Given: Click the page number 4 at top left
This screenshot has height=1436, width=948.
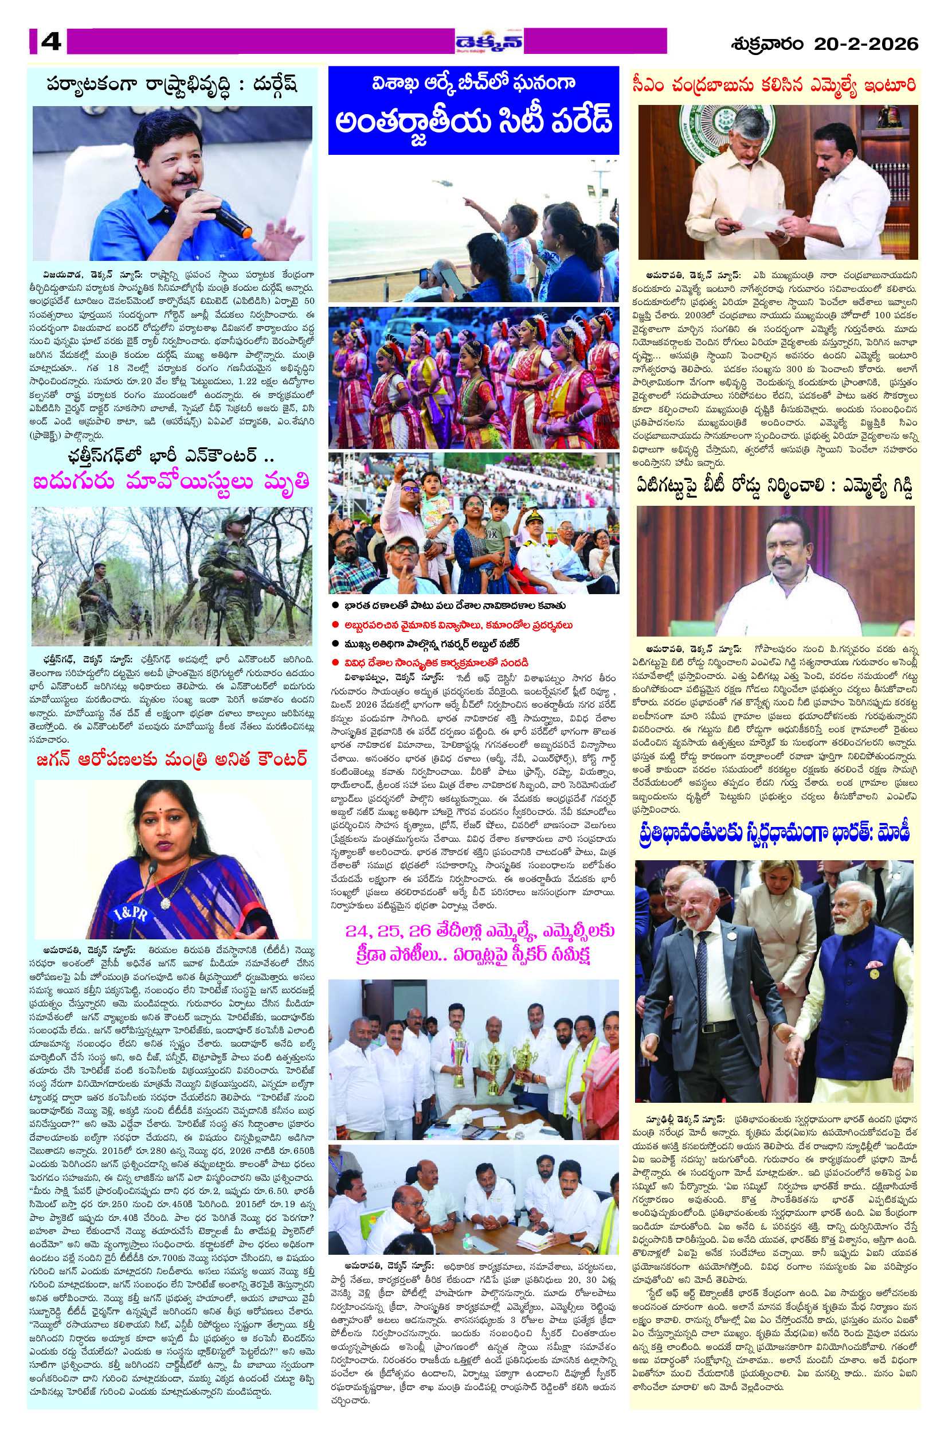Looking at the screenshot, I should click(51, 42).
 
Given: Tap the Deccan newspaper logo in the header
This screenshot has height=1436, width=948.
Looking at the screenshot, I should click(489, 42).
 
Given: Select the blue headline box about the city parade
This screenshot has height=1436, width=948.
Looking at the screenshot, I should click(473, 110).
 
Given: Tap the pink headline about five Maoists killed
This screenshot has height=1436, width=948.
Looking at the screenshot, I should click(172, 483).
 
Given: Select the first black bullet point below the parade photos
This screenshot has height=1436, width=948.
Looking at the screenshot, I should click(334, 606).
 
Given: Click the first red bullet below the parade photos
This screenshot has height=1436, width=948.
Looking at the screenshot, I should click(334, 625).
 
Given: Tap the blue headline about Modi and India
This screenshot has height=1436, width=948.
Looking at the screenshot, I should click(774, 833).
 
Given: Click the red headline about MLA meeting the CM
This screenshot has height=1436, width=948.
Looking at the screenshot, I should click(774, 84).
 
